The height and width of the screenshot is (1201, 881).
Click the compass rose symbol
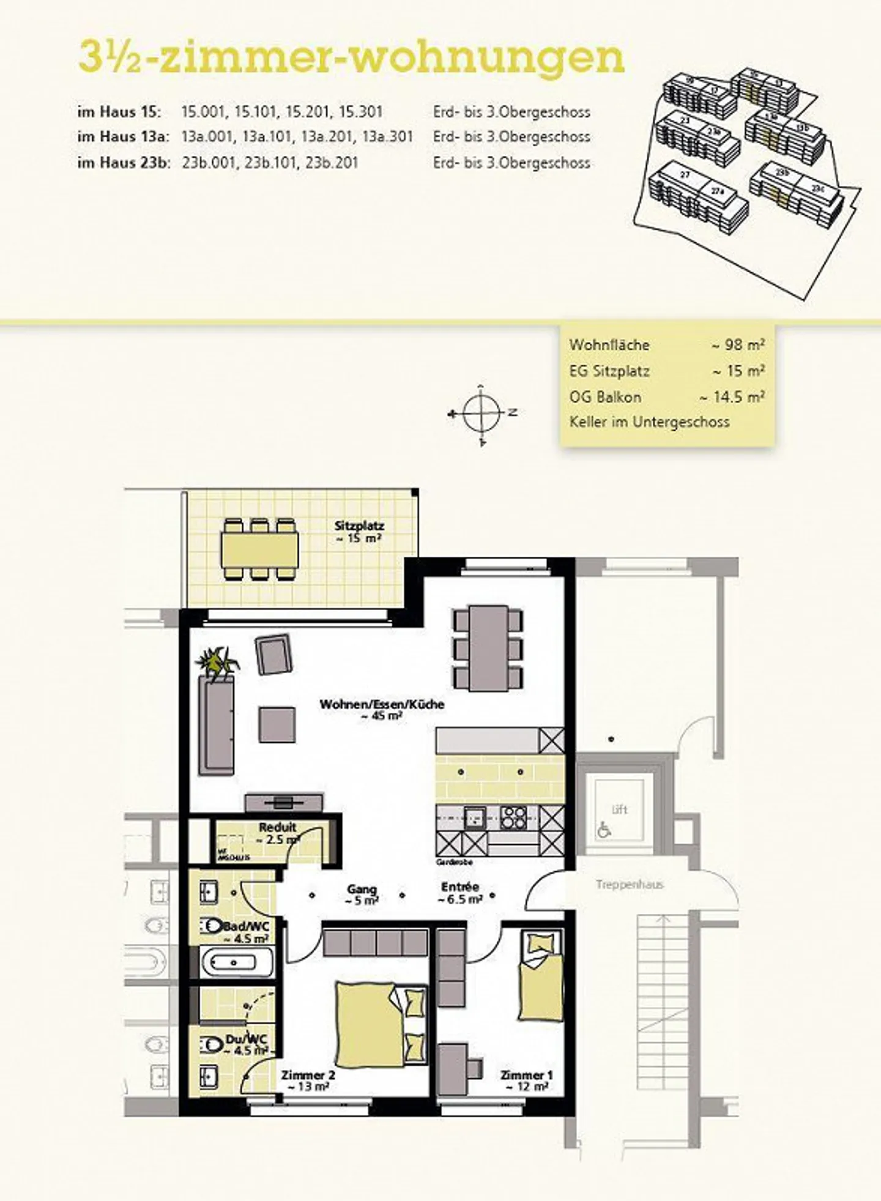[482, 414]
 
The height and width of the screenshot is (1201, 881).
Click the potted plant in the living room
[217, 663]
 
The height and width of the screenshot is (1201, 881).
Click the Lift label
[620, 809]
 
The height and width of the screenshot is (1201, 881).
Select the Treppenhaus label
[630, 884]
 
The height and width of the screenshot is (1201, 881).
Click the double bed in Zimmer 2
[370, 1022]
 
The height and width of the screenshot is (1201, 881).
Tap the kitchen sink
[474, 817]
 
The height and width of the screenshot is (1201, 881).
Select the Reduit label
[278, 827]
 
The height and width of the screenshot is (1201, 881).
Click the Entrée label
[460, 887]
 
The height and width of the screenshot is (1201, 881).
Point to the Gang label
[362, 889]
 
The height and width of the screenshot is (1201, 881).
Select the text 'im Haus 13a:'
[122, 137]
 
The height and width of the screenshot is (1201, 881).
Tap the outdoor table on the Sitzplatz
[260, 549]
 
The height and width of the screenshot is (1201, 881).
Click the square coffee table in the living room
[277, 724]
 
